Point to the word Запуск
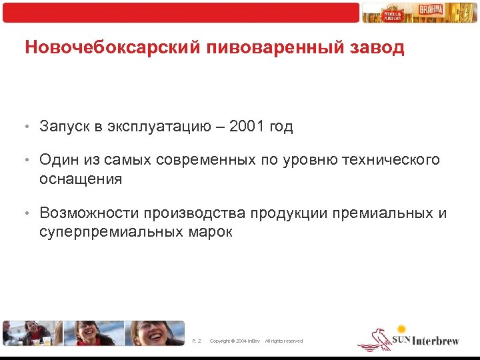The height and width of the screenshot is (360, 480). point(64,127)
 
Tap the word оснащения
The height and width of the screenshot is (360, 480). point(81,179)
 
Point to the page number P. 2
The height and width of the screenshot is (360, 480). point(196,341)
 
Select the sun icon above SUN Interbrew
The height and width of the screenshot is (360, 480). point(401,329)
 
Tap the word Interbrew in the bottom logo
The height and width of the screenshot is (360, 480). point(436,341)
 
